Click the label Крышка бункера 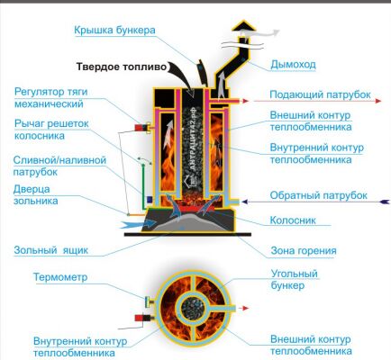pyautogui.click(x=114, y=31)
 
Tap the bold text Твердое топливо pyautogui.click(x=121, y=67)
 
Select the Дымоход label pyautogui.click(x=293, y=65)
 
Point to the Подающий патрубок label pyautogui.click(x=320, y=94)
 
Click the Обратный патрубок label pyautogui.click(x=318, y=195)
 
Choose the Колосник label pyautogui.click(x=293, y=220)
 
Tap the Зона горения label pyautogui.click(x=304, y=251)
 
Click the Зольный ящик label pyautogui.click(x=51, y=250)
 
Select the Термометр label pyautogui.click(x=60, y=277)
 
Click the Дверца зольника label pyautogui.click(x=35, y=195)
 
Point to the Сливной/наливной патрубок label pyautogui.click(x=59, y=166)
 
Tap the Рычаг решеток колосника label pyautogui.click(x=51, y=130)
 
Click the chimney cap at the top pyautogui.click(x=243, y=26)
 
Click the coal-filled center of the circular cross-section pyautogui.click(x=194, y=309)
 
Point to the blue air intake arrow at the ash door pyautogui.click(x=139, y=223)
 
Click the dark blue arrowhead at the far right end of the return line pyautogui.click(x=385, y=202)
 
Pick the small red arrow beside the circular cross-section pyautogui.click(x=246, y=308)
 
